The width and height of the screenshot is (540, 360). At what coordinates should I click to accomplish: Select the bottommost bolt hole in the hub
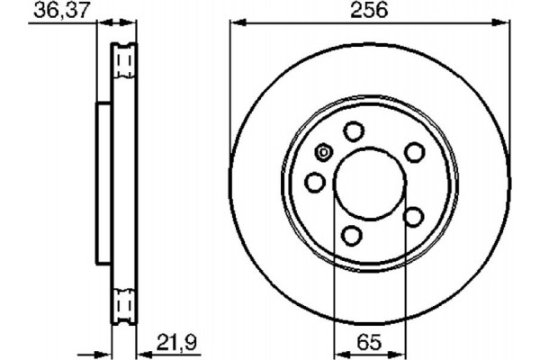(x=353, y=237)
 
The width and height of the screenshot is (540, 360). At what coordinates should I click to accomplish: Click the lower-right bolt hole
(x=413, y=217)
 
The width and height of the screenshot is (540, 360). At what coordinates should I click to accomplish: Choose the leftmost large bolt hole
(x=314, y=184)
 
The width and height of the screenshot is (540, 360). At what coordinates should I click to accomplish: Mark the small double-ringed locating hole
(x=323, y=153)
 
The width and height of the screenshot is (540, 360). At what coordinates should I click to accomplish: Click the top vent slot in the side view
(x=124, y=60)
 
